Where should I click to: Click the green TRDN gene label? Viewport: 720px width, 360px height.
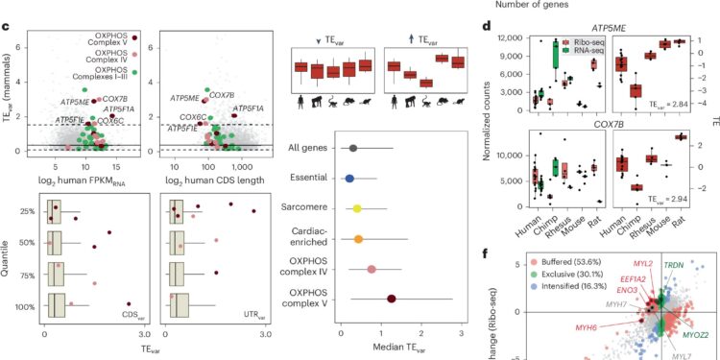pos(678,248)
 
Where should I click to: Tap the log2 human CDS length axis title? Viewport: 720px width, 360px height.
pos(208,179)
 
